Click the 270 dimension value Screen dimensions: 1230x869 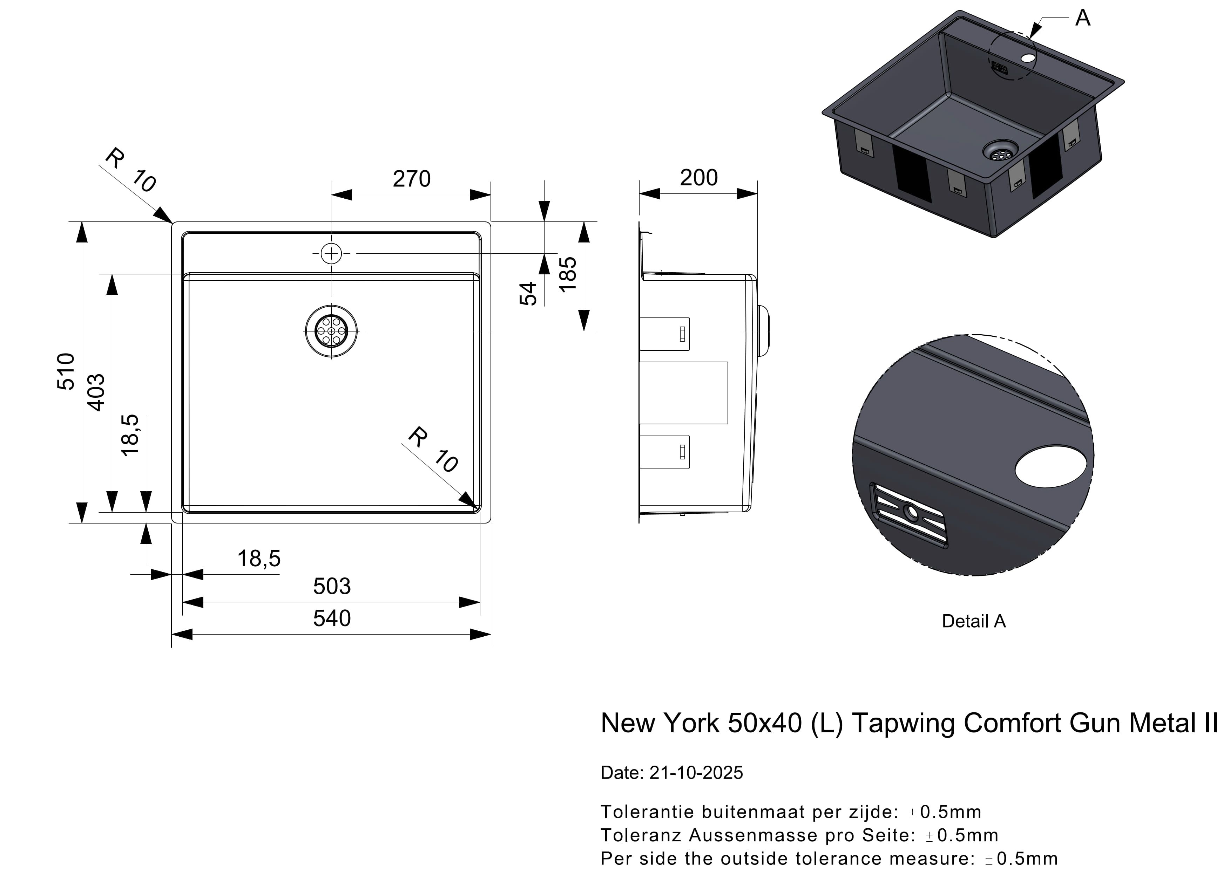click(x=411, y=179)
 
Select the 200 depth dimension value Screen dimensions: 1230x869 click(x=698, y=178)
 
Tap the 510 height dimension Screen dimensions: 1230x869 click(x=66, y=371)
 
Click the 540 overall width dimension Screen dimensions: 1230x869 click(x=332, y=618)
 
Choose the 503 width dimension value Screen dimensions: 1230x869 click(x=332, y=586)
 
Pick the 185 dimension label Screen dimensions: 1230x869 click(x=568, y=274)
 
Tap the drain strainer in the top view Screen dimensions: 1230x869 click(x=331, y=331)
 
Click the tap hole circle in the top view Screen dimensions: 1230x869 click(x=331, y=253)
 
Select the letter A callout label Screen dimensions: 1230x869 click(x=1083, y=18)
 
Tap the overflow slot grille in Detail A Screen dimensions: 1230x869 click(x=908, y=515)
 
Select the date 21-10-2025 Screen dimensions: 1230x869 click(x=696, y=773)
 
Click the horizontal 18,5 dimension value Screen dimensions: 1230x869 click(x=259, y=559)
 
